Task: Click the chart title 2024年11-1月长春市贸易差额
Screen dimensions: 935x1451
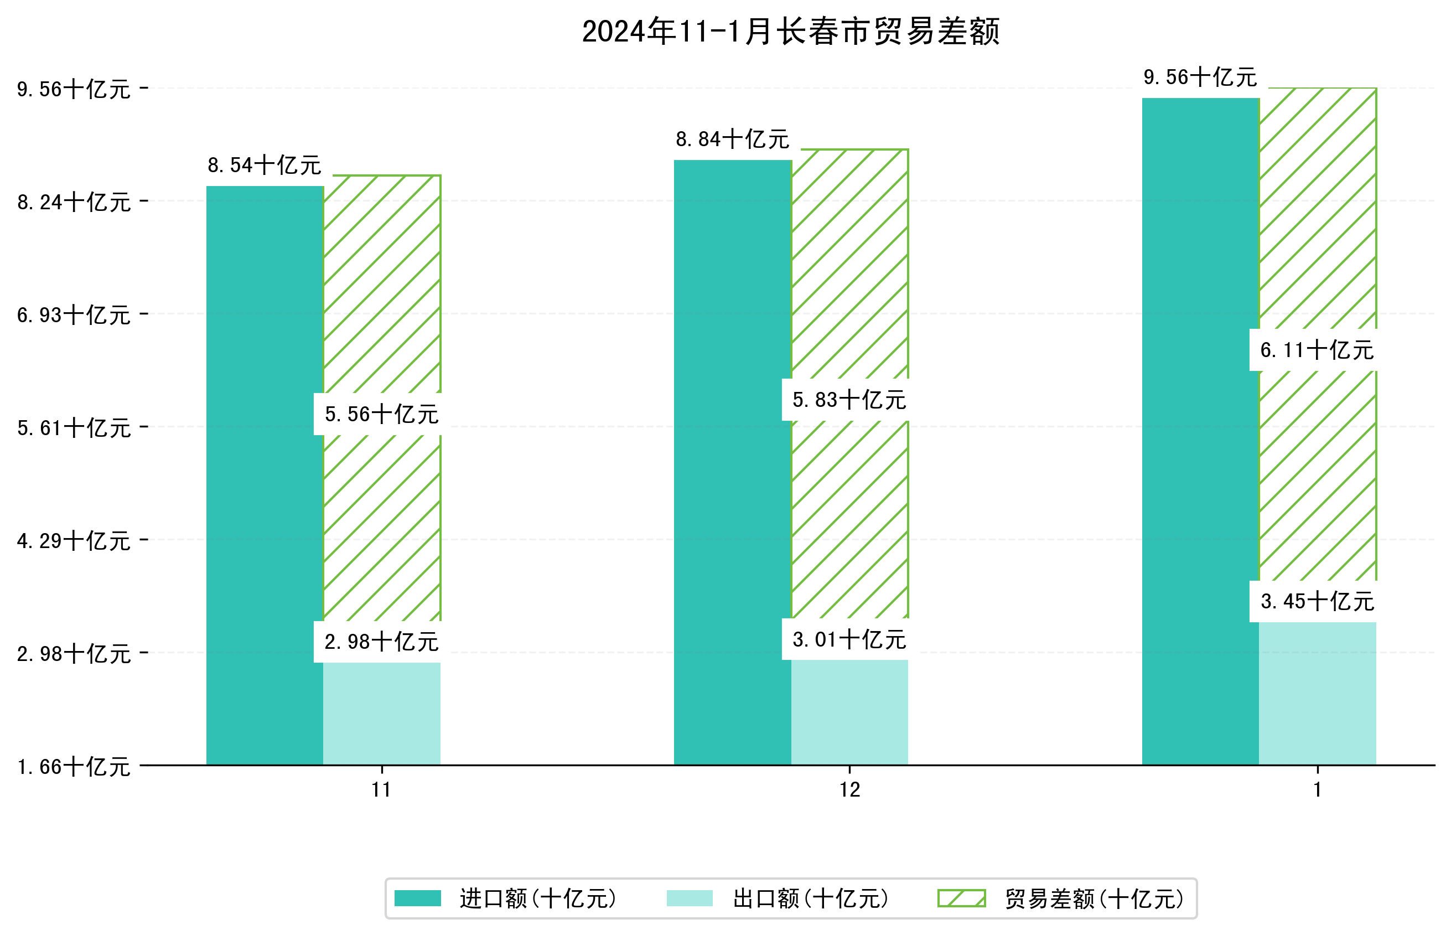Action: [790, 32]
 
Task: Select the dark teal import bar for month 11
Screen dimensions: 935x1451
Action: [265, 475]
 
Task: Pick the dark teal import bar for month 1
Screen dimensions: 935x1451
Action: [1200, 431]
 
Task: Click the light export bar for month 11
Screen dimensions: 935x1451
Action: [382, 714]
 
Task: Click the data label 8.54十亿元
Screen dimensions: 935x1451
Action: [265, 165]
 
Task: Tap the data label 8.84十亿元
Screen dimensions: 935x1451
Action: [732, 140]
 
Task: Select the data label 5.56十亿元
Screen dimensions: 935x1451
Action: [382, 414]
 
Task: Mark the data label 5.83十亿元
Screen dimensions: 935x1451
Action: [849, 400]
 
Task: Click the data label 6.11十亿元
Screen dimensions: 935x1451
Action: [1317, 350]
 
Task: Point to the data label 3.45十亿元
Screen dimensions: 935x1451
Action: [1317, 602]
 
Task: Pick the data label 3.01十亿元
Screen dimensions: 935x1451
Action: [849, 639]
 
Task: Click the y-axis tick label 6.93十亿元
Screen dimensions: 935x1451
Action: [74, 315]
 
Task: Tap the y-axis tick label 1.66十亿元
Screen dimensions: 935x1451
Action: [74, 767]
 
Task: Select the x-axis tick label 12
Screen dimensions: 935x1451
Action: [849, 790]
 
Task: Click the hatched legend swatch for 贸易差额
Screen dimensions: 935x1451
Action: [961, 898]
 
